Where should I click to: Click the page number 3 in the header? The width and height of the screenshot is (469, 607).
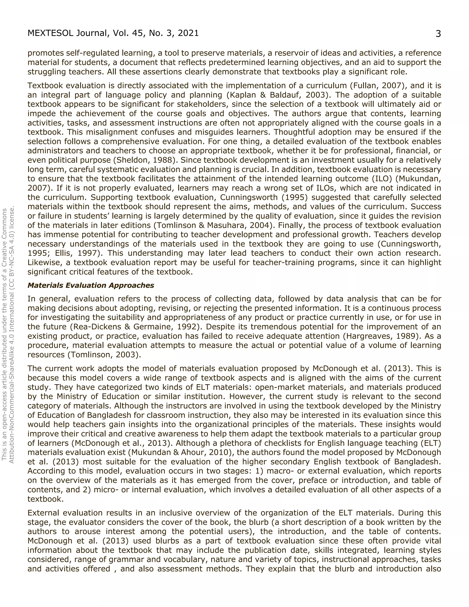[x=438, y=34]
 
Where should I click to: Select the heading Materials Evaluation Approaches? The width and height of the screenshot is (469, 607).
[x=91, y=285]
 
